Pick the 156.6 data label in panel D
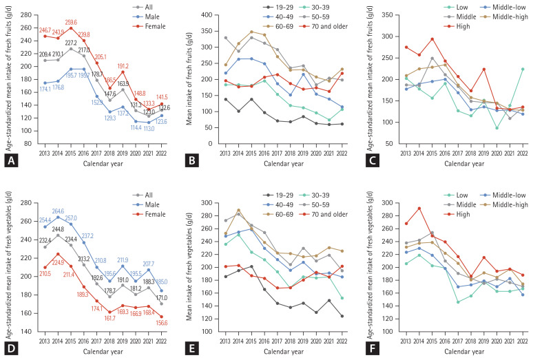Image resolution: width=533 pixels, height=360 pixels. click(162, 322)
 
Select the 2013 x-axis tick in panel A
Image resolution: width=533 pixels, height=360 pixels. click(45, 150)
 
